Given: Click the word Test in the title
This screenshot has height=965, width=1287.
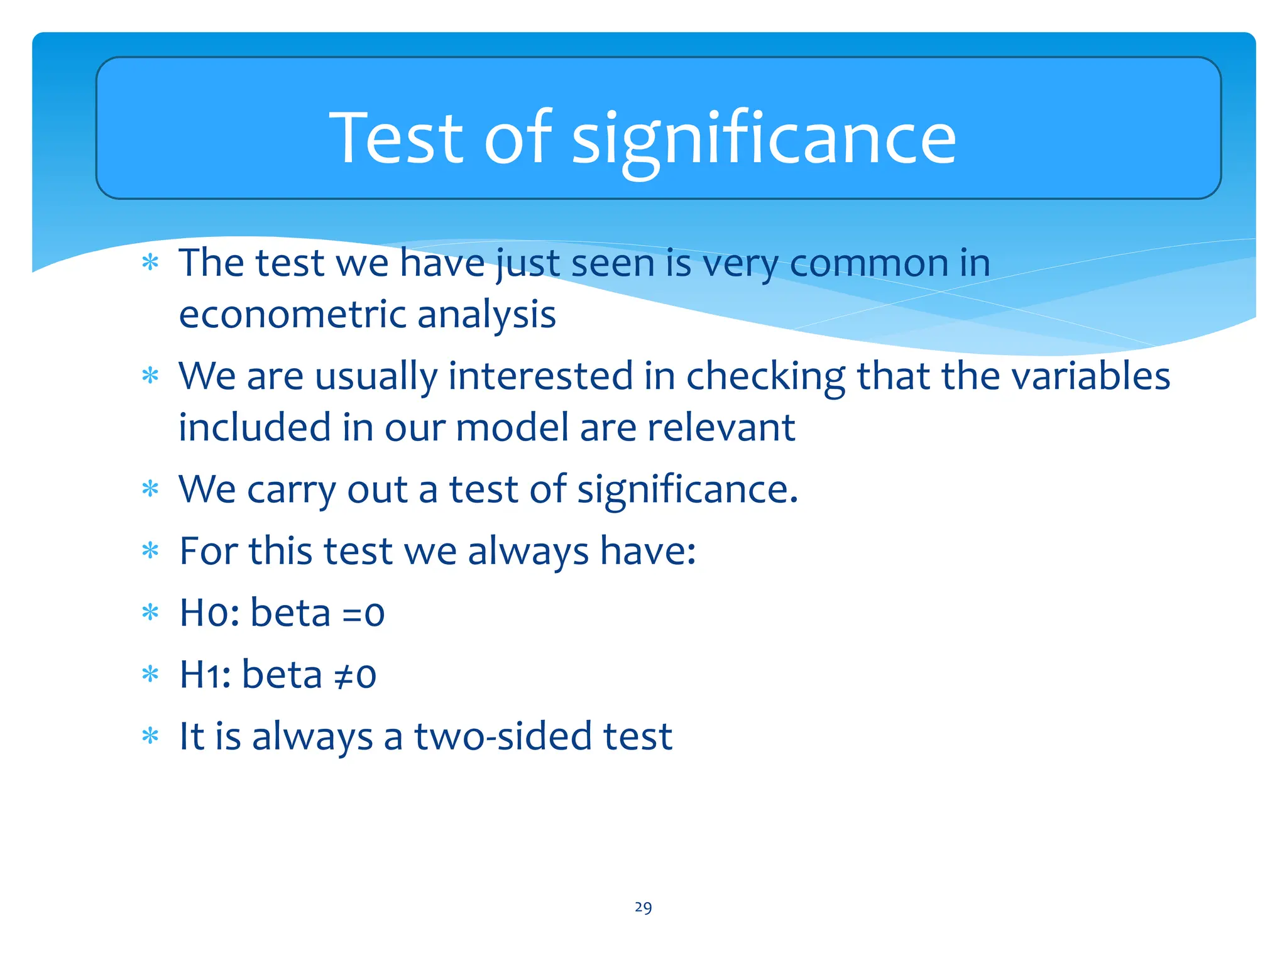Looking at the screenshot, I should click(x=396, y=138).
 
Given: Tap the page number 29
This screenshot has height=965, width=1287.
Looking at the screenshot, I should click(x=643, y=907).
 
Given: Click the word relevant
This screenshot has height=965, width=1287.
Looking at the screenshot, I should click(x=721, y=428).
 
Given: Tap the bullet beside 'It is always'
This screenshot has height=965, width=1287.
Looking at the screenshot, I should click(x=150, y=736).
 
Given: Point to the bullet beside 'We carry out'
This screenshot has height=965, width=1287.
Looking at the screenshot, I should click(x=150, y=489).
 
